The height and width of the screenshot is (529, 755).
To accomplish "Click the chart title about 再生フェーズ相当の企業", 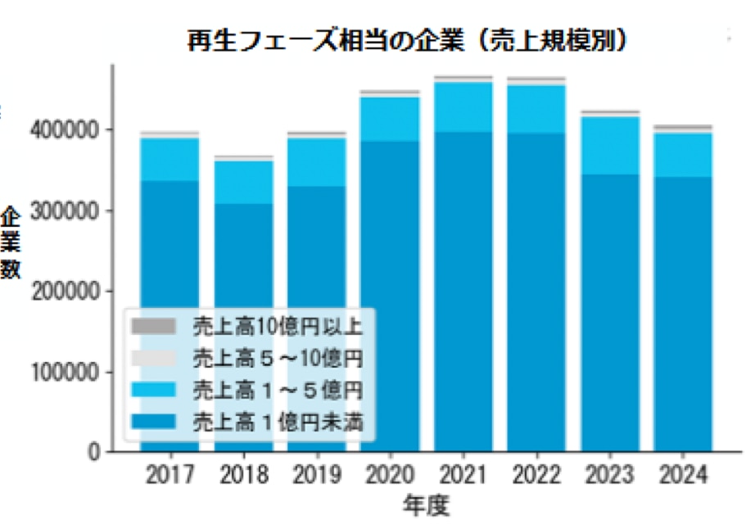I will click(407, 40).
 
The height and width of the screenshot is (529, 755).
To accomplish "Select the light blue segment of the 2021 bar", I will click(463, 106).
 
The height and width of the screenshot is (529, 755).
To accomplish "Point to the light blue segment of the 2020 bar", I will click(390, 120).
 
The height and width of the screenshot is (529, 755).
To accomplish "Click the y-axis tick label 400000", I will click(70, 131).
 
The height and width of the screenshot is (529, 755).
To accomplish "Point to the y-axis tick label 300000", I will click(70, 211).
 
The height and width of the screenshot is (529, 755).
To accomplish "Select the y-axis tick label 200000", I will click(70, 292).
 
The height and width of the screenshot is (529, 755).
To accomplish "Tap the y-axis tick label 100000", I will click(70, 372).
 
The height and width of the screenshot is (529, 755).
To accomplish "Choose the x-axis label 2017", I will click(170, 475).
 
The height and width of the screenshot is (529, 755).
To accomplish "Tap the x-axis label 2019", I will click(316, 475).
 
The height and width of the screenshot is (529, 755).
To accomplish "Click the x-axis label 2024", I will click(683, 475).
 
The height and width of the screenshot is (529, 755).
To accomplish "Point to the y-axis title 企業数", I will click(12, 243).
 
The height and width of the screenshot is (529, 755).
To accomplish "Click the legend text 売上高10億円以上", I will click(277, 326).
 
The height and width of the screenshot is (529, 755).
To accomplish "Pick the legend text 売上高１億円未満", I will click(277, 423).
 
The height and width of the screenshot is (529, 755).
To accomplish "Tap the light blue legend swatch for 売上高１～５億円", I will click(154, 390).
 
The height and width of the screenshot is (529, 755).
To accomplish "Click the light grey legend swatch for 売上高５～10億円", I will click(154, 358).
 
